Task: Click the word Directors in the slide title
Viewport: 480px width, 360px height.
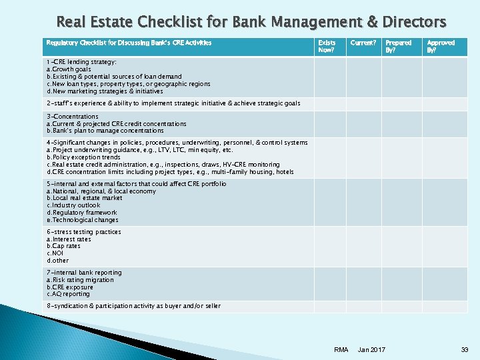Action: [x=413, y=22]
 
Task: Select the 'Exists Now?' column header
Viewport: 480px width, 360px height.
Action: [x=327, y=46]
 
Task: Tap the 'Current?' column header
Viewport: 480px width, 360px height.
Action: [x=363, y=43]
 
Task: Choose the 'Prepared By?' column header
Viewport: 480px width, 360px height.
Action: [x=398, y=46]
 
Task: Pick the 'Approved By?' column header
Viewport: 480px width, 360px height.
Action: [x=441, y=46]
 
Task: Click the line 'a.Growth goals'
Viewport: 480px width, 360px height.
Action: [x=69, y=69]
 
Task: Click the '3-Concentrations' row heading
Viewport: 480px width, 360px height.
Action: [x=72, y=117]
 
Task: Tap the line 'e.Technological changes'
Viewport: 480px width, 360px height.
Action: [x=82, y=220]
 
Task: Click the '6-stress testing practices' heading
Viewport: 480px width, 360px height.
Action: [x=83, y=232]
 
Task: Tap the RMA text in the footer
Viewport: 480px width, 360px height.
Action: [x=341, y=350]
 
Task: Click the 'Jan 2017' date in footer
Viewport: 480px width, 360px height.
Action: [x=371, y=350]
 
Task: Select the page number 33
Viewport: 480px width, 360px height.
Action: [x=464, y=350]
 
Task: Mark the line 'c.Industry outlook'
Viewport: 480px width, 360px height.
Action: [x=73, y=205]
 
